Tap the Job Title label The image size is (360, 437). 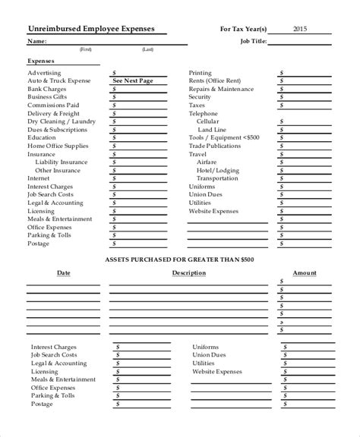click(x=253, y=41)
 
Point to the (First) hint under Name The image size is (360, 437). click(x=88, y=49)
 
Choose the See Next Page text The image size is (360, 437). click(x=132, y=80)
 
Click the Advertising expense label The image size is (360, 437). click(x=46, y=72)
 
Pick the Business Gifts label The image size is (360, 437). click(x=49, y=96)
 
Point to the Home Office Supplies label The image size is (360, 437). click(x=58, y=146)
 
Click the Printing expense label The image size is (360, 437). click(x=201, y=72)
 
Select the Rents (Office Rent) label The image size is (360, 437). click(x=215, y=80)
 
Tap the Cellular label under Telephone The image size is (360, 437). click(x=207, y=121)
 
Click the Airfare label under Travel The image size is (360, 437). click(x=207, y=162)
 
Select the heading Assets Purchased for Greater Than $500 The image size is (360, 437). click(x=179, y=259)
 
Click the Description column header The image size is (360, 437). click(x=188, y=272)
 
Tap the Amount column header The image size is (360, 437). click(x=305, y=272)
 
